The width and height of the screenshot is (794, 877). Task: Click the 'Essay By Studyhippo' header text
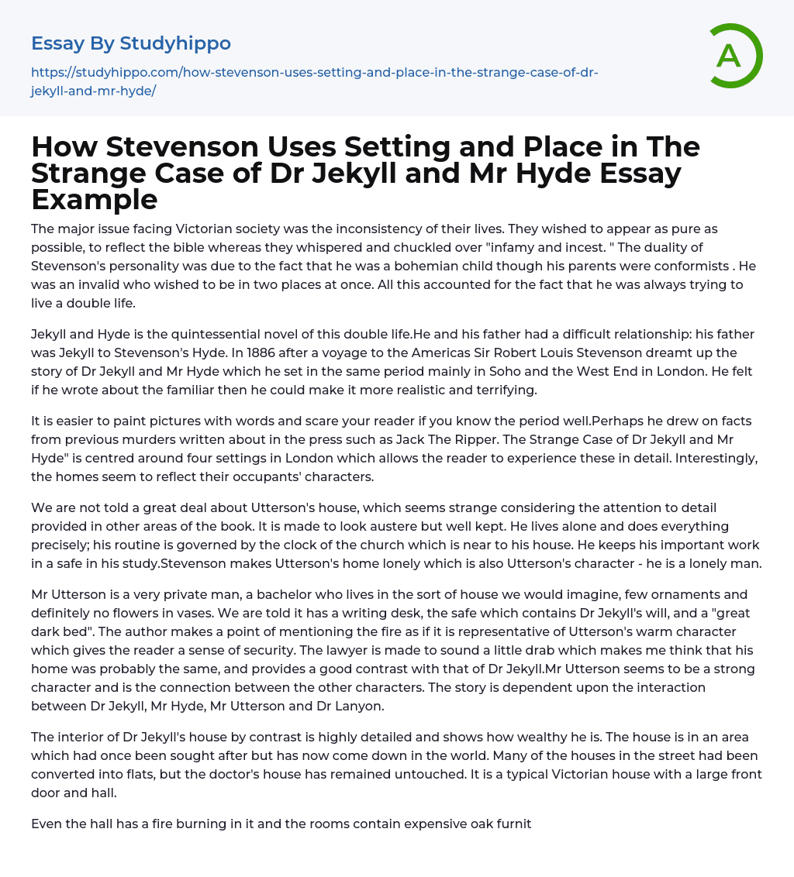(131, 43)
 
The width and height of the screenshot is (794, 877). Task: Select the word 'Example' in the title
(94, 199)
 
